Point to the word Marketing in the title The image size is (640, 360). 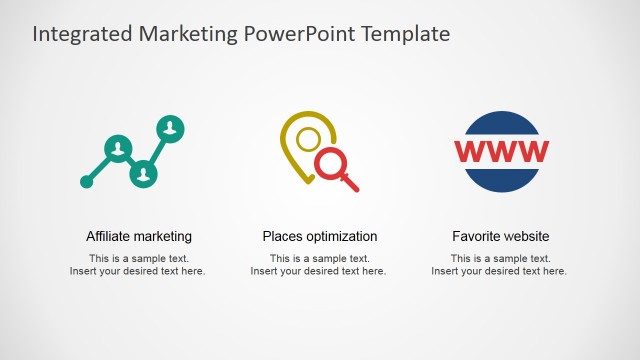point(187,34)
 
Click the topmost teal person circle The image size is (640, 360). point(172,127)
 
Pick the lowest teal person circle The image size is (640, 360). point(145,173)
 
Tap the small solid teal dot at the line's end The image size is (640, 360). point(87,182)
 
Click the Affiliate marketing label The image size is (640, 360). point(139,237)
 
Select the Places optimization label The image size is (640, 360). point(320,237)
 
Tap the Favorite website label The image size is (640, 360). point(500,237)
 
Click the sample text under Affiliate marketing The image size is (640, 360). point(138,265)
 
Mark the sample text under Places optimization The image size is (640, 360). point(319,265)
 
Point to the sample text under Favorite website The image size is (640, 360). point(500,265)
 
